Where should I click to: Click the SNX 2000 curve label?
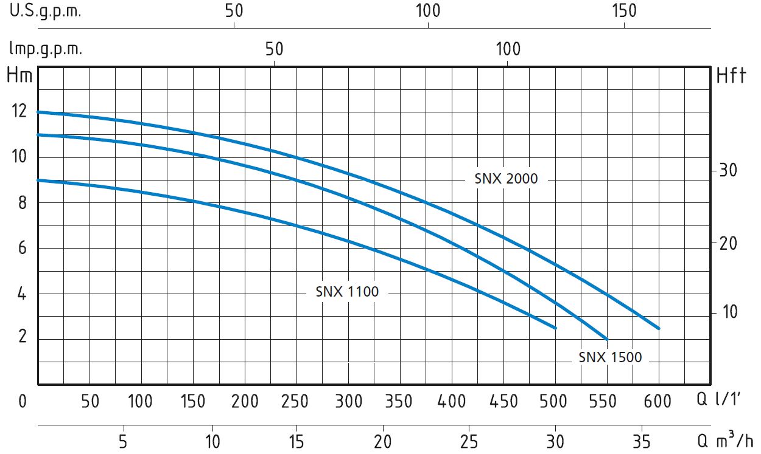506,179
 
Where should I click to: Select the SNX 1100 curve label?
347,292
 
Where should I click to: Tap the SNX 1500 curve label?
610,357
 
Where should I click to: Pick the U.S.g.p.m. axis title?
45,12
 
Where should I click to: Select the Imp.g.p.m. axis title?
45,49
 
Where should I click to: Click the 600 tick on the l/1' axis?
658,401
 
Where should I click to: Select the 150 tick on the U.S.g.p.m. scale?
624,12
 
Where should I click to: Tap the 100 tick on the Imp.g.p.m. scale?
508,49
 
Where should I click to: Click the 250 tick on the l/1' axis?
296,401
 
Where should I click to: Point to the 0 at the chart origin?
23,401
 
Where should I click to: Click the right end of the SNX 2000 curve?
658,328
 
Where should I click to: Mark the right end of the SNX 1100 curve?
555,328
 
